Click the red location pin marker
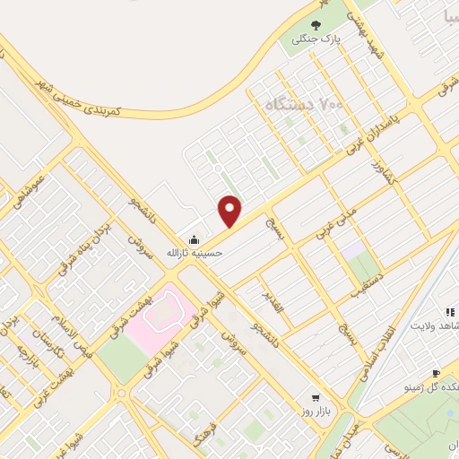point(231,212)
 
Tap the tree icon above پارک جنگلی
point(314,24)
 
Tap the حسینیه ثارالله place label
point(195,253)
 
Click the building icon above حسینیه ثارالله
point(195,238)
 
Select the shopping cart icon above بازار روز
point(315,396)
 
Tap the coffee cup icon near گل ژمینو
point(436,373)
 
